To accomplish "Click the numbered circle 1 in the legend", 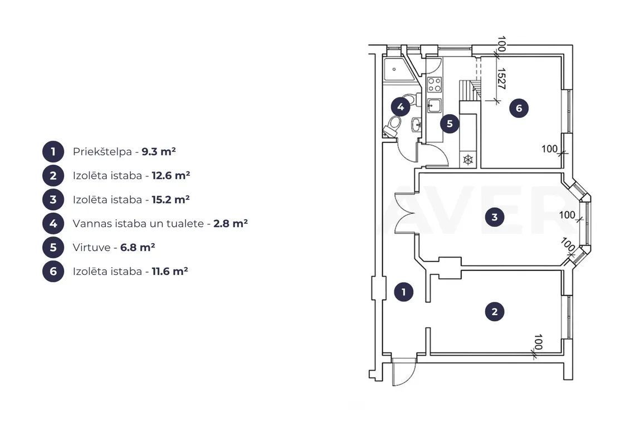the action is (x=53, y=152).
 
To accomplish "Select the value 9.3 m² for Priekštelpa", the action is (x=159, y=152).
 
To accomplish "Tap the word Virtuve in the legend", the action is (x=91, y=247).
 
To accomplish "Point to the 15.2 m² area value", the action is (x=171, y=200).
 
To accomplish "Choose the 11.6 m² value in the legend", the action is (x=170, y=271).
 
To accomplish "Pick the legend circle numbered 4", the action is (x=53, y=223).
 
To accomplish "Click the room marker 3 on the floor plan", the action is (x=495, y=217).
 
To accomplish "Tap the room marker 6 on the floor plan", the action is (x=519, y=108).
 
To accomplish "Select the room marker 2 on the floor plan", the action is (x=495, y=312).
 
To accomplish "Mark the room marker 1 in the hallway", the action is (x=403, y=292).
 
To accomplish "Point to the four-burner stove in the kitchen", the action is (x=434, y=85).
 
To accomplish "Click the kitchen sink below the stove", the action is (x=434, y=106).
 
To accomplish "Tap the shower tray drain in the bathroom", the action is (x=394, y=69).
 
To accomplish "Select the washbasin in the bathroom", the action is (x=416, y=124).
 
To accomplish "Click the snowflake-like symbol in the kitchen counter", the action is (x=468, y=160).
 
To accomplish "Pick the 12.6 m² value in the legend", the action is (x=171, y=176).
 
